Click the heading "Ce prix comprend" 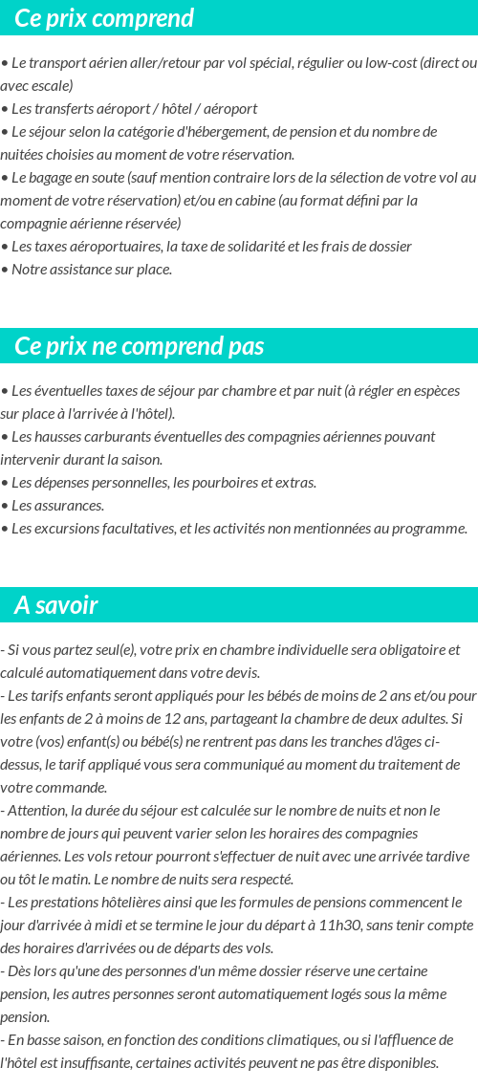(x=104, y=18)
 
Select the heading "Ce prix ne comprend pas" (x=140, y=346)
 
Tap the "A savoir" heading (x=56, y=605)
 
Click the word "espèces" (x=434, y=391)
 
